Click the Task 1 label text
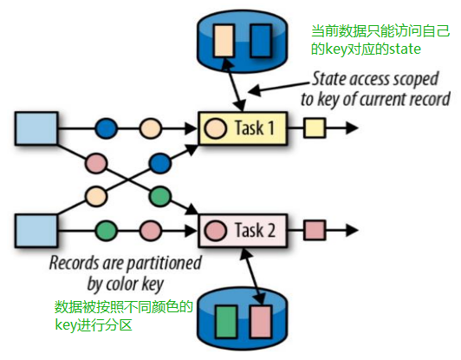(255, 129)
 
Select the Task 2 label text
(256, 232)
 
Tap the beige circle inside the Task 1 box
(214, 130)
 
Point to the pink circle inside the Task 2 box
(215, 232)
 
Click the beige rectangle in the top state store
(224, 39)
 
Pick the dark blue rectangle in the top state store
(260, 39)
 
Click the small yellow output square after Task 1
(313, 129)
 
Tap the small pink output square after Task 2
(314, 232)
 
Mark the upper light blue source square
(35, 129)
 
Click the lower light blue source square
(35, 232)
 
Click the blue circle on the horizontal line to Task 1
(106, 129)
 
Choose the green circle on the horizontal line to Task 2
(106, 232)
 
